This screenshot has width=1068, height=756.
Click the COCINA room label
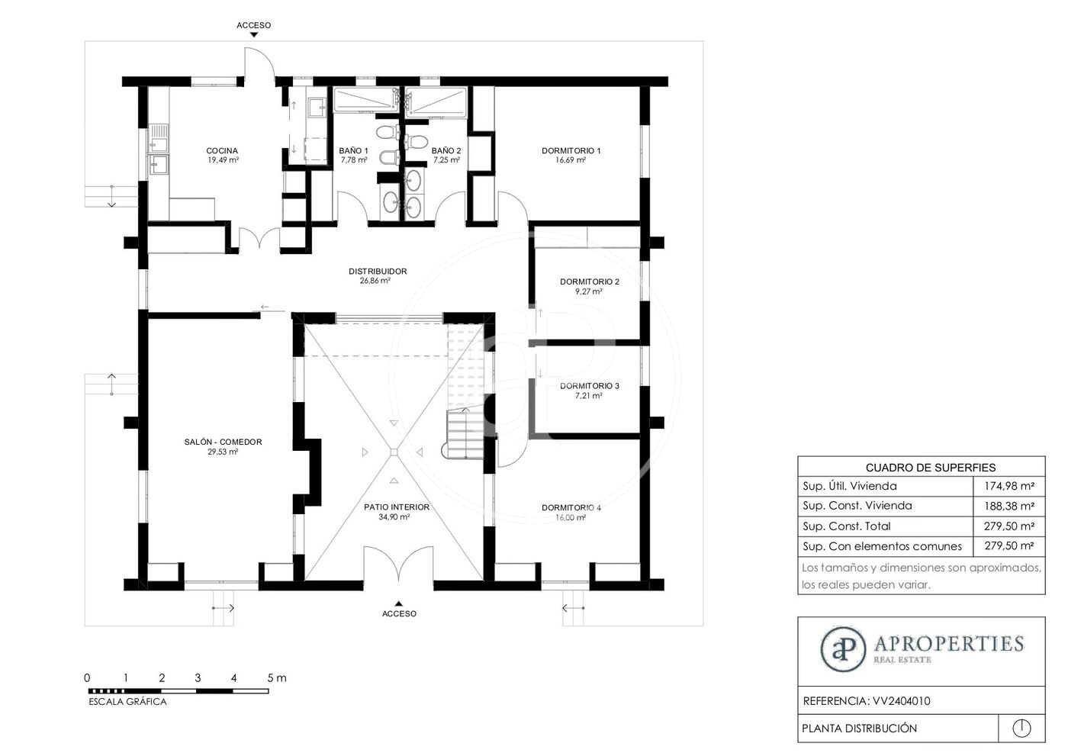pyautogui.click(x=222, y=150)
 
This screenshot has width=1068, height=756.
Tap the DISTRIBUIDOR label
pyautogui.click(x=378, y=272)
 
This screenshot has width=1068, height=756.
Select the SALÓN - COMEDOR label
pyautogui.click(x=223, y=442)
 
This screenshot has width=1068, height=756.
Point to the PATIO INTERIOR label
pyautogui.click(x=397, y=507)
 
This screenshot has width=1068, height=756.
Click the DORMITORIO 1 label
pyautogui.click(x=571, y=150)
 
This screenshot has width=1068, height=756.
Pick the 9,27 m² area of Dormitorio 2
pyautogui.click(x=589, y=291)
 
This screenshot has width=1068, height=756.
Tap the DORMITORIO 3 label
pyautogui.click(x=589, y=385)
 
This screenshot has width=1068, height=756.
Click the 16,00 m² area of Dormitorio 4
pyautogui.click(x=571, y=517)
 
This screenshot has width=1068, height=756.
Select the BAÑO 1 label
pyautogui.click(x=353, y=150)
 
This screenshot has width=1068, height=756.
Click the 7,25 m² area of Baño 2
pyautogui.click(x=446, y=160)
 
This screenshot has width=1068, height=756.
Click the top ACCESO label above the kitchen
pyautogui.click(x=253, y=25)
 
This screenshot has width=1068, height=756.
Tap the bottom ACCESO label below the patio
pyautogui.click(x=399, y=613)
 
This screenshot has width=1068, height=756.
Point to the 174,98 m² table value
pyautogui.click(x=1009, y=486)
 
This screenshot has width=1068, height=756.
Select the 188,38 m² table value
pyautogui.click(x=1009, y=506)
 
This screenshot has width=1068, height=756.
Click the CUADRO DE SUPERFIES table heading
pyautogui.click(x=931, y=468)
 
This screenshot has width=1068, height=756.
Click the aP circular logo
pyautogui.click(x=843, y=650)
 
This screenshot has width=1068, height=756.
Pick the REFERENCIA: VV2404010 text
pyautogui.click(x=867, y=701)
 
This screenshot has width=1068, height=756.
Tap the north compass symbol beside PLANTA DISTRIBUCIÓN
pyautogui.click(x=1021, y=728)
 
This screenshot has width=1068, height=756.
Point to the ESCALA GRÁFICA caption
pyautogui.click(x=128, y=702)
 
